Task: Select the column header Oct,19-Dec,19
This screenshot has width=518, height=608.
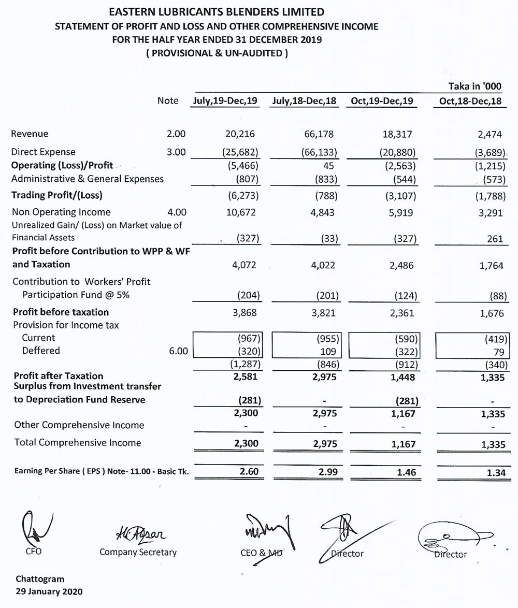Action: [x=382, y=101]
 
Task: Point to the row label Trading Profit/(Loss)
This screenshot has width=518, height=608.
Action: [x=57, y=195]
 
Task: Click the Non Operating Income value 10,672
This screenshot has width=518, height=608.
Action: [x=240, y=212]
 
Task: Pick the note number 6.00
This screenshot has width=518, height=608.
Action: [x=176, y=351]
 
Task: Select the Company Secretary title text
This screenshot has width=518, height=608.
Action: [x=138, y=552]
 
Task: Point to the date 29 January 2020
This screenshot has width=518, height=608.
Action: [x=49, y=591]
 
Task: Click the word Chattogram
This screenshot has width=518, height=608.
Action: [x=40, y=579]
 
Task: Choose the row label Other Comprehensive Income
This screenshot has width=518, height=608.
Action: [x=79, y=425]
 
